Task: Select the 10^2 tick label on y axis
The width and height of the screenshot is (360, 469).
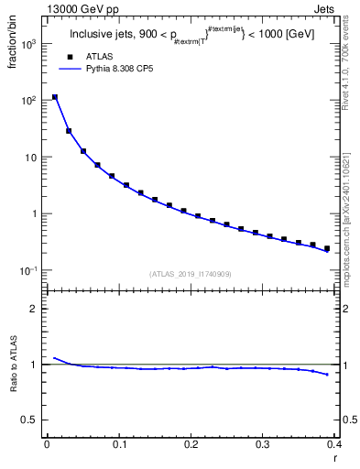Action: pos(29,100)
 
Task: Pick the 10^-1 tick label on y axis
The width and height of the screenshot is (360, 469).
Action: pos(28,270)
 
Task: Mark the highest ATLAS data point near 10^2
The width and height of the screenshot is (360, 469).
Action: pos(55,97)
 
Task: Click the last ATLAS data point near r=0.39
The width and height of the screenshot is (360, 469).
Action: pos(327,248)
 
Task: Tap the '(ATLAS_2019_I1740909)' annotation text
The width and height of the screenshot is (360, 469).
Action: pos(190,273)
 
